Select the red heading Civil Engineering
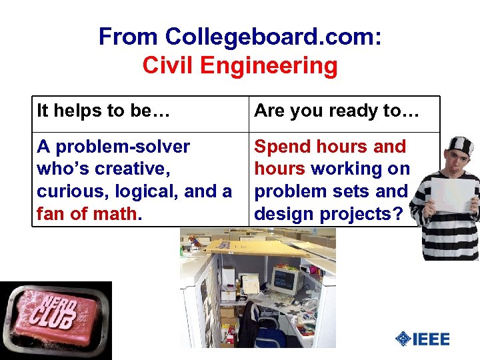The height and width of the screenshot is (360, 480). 240,66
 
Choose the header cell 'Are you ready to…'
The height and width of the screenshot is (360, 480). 337,111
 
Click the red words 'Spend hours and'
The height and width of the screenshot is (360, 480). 330,147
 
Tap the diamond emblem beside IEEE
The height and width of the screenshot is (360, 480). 403,339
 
